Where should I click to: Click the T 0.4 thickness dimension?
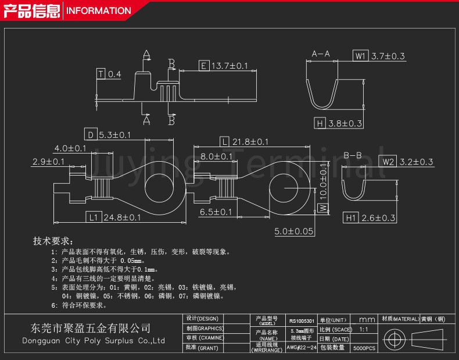(109, 74)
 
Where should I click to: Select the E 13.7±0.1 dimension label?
(224, 66)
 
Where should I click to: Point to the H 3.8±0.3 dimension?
(338, 123)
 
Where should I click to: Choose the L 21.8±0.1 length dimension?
(245, 142)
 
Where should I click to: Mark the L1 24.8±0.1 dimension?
(114, 218)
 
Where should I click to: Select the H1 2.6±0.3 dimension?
(370, 218)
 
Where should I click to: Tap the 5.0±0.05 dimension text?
(294, 231)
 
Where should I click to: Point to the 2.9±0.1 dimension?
(48, 162)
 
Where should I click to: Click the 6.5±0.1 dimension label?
(216, 212)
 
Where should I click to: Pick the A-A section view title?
(321, 54)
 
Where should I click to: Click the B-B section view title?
(352, 155)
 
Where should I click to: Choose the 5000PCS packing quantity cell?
(364, 347)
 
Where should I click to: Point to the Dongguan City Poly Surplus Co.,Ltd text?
(93, 341)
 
